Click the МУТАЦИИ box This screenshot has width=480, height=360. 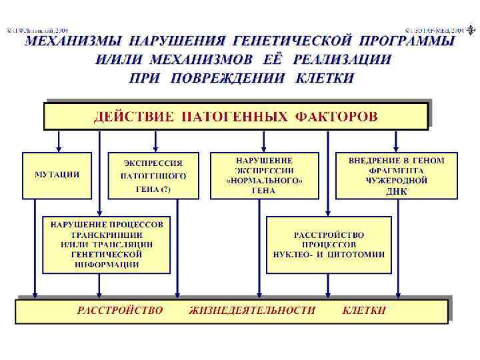57,175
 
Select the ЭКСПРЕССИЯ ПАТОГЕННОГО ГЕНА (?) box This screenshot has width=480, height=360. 153,176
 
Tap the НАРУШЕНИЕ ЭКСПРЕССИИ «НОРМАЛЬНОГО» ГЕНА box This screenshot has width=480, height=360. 264,176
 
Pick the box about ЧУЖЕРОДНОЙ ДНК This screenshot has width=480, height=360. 396,176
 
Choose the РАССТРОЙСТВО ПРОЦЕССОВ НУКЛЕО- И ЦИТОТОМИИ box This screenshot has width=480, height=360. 329,244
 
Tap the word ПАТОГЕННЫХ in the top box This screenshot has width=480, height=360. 234,117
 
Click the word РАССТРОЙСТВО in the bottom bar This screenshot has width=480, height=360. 120,311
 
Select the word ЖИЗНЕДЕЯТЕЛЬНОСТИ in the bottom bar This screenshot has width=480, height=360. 252,311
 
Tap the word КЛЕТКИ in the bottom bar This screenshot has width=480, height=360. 364,311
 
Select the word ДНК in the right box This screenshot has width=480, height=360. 396,191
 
